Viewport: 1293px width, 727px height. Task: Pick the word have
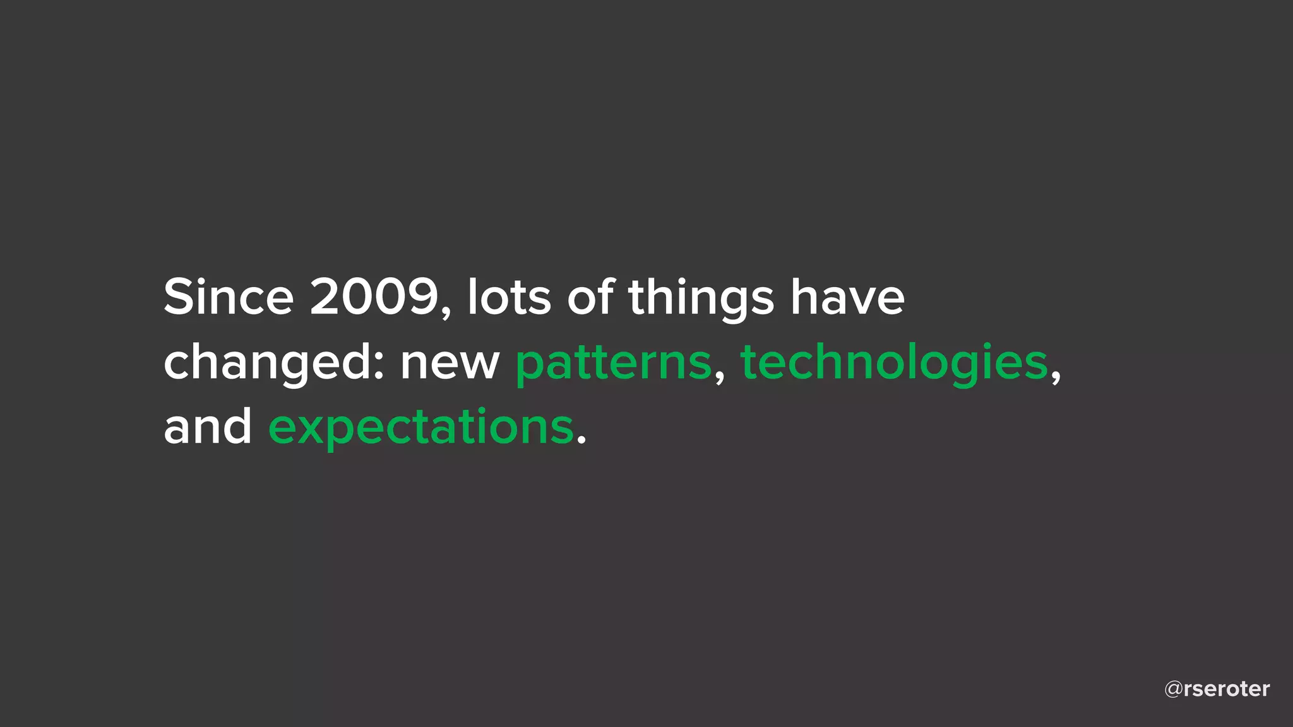[848, 298]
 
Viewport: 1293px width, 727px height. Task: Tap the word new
[450, 364]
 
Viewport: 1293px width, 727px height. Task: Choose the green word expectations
[421, 429]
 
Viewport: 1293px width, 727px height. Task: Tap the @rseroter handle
[1217, 689]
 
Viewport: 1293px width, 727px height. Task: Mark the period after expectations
[581, 440]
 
